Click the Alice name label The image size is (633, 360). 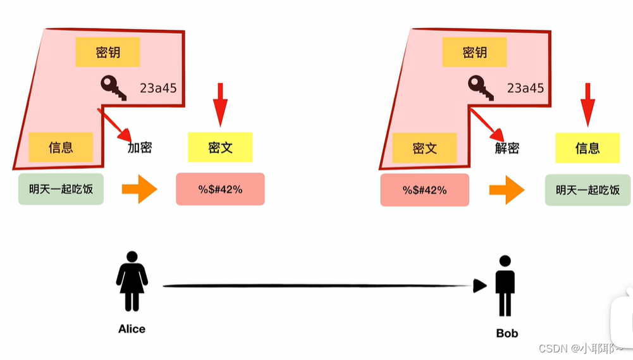coord(132,329)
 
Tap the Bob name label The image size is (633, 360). coord(507,333)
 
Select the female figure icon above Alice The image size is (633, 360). coord(132,281)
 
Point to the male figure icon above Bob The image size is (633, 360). coord(505,285)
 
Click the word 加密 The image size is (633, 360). coord(140,148)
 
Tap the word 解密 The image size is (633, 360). coord(507,148)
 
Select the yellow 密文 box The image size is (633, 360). coord(220,147)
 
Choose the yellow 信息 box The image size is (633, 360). coord(587,148)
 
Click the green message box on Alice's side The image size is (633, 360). coord(61,189)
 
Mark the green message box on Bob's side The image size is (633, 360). coord(588,189)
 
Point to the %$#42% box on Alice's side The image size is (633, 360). coord(220,189)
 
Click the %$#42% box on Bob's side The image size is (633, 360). coord(425,190)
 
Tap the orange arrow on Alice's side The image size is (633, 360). coord(139,189)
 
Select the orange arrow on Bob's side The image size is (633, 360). coord(507,190)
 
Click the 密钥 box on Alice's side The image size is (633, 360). coord(108,53)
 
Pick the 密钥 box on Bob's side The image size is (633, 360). coord(475,53)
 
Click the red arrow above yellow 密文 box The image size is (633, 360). coord(220,104)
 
